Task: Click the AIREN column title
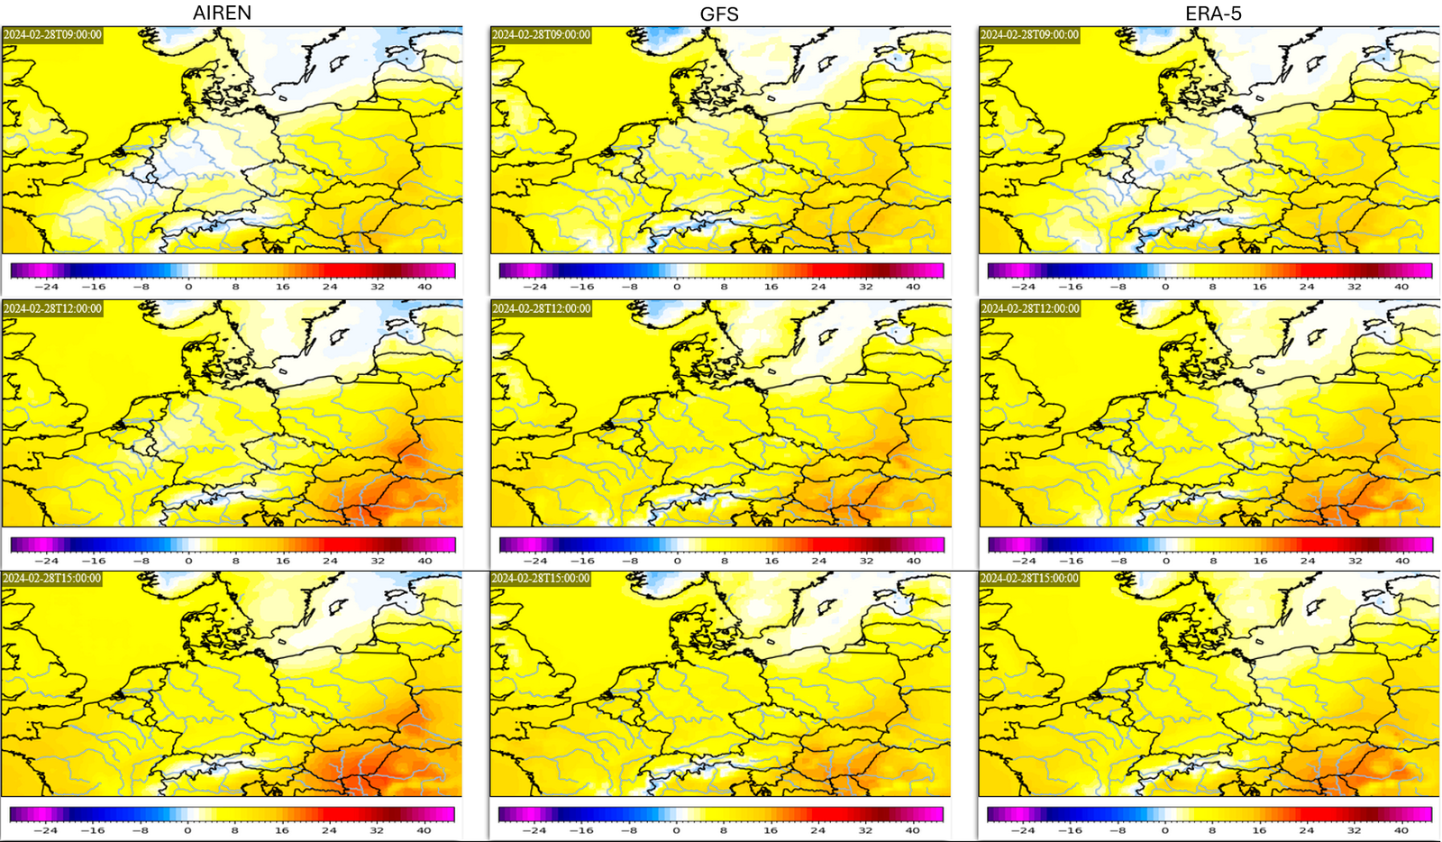click(x=222, y=13)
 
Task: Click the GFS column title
click(x=719, y=14)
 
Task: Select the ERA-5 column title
click(x=1213, y=14)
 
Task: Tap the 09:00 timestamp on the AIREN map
click(x=53, y=35)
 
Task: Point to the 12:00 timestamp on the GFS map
click(x=542, y=308)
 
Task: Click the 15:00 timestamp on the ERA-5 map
click(x=1030, y=578)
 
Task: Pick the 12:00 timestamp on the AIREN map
click(x=53, y=308)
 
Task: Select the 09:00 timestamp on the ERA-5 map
click(x=1030, y=35)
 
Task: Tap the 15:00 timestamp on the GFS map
click(x=542, y=578)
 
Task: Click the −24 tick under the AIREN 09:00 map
click(x=46, y=287)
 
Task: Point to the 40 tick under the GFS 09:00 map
click(x=913, y=287)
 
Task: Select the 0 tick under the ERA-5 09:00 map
click(x=1165, y=287)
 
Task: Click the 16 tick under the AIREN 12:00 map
click(x=283, y=561)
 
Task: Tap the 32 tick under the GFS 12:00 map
click(x=866, y=561)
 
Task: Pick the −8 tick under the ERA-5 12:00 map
click(x=1118, y=561)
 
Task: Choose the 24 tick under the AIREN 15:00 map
click(x=330, y=830)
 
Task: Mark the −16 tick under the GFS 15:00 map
click(x=581, y=830)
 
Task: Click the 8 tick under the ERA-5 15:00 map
click(x=1212, y=830)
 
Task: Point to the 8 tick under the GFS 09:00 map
click(x=724, y=287)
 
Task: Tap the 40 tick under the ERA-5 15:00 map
click(x=1401, y=830)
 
